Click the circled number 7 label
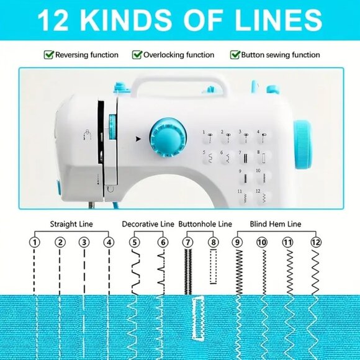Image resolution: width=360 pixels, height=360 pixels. (x=188, y=242)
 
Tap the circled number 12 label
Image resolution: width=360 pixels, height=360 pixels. (x=316, y=242)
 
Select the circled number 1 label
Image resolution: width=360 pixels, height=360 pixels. (x=34, y=242)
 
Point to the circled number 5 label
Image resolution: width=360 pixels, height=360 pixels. (x=135, y=242)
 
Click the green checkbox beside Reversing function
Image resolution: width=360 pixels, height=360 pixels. (x=48, y=55)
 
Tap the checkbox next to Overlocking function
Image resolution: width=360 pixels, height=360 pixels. (x=137, y=55)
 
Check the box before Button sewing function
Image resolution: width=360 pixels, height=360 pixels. (x=235, y=55)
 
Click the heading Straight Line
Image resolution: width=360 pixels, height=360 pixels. (x=71, y=224)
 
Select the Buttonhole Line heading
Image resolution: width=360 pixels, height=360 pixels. (x=205, y=224)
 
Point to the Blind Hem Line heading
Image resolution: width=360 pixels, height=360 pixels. (x=276, y=224)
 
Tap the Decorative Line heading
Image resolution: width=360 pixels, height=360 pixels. (x=148, y=224)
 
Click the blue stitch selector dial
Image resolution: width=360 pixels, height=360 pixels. (x=168, y=138)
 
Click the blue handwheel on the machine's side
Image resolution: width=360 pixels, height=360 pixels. (x=303, y=145)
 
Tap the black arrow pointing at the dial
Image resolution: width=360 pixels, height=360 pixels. (x=138, y=139)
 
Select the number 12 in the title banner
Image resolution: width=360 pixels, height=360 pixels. (x=53, y=20)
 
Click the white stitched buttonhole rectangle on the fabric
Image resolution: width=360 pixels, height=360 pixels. (x=198, y=318)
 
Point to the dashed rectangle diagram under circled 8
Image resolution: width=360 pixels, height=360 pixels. (x=214, y=266)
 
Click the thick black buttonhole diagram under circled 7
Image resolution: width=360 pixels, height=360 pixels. (x=188, y=272)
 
